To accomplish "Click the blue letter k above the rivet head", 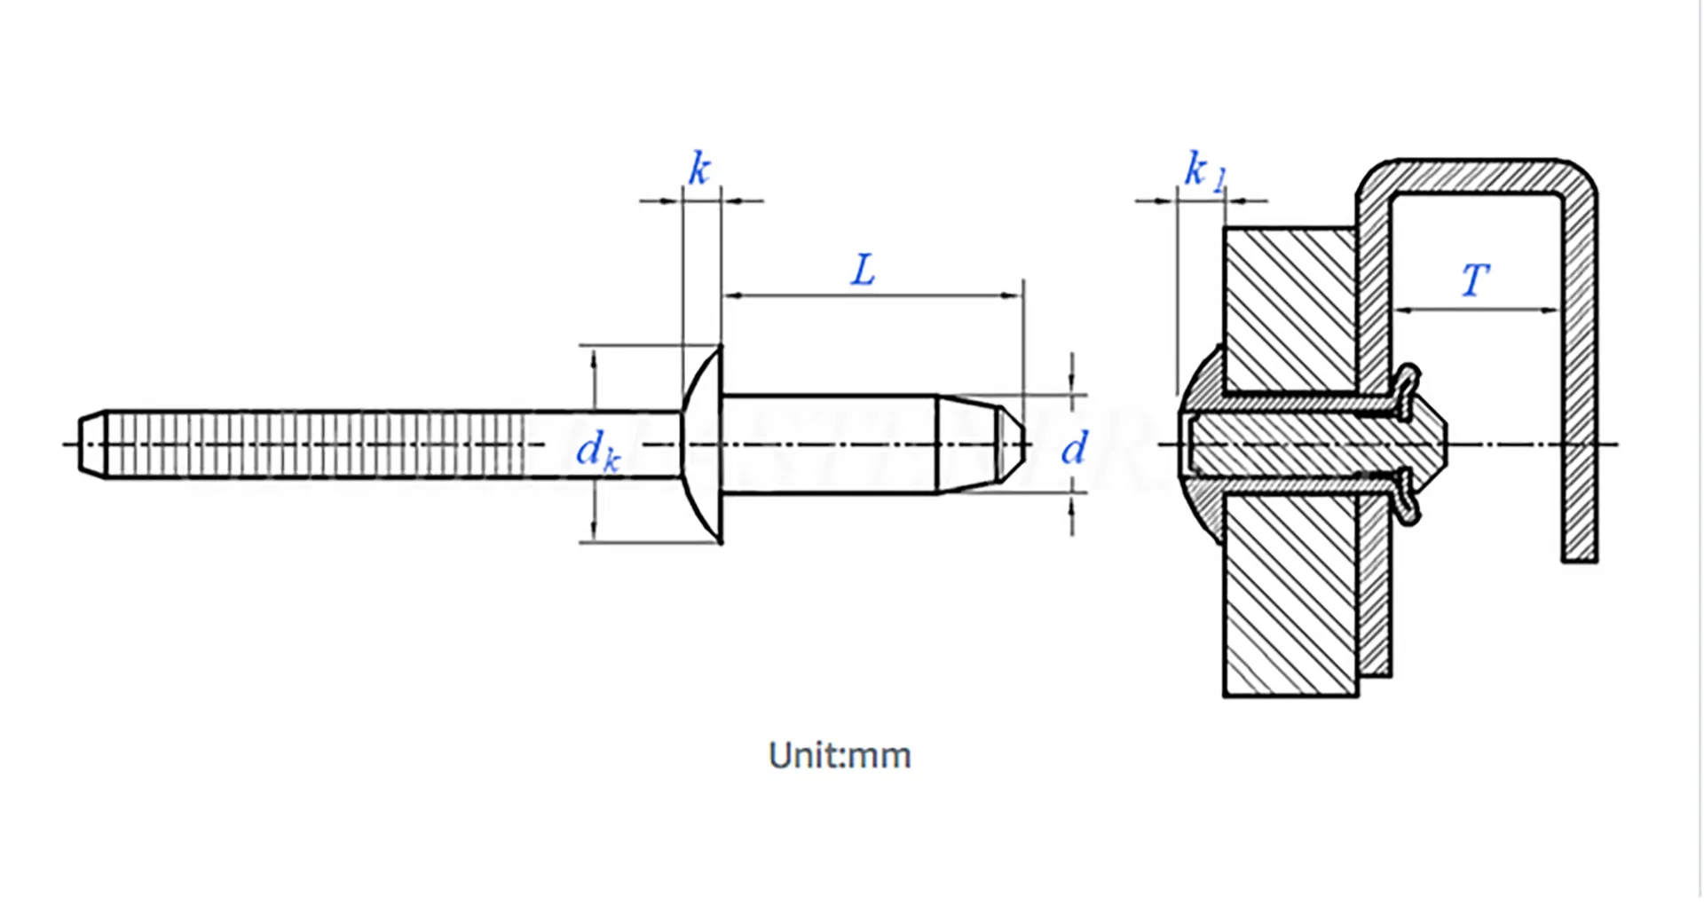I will point(699,169).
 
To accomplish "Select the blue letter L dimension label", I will point(863,270).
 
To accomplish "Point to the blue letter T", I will point(1475,280).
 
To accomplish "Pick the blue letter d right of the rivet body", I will point(1074,448).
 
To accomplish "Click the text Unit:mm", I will point(840,755).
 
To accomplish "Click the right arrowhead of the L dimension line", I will point(1013,295).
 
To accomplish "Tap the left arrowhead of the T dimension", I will point(1403,310).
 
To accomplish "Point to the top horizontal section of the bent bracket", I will point(1478,176).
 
